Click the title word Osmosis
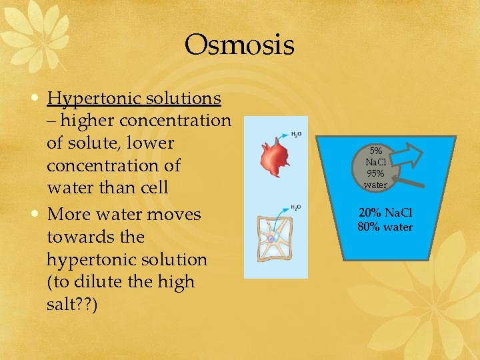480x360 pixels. click(239, 45)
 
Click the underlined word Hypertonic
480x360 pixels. click(90, 99)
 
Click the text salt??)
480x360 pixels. click(72, 305)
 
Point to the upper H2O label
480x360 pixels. click(296, 135)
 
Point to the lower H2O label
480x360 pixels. click(296, 208)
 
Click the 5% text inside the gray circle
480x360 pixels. click(375, 151)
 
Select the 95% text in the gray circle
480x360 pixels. click(375, 173)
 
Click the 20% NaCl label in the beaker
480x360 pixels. click(385, 213)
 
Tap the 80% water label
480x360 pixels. click(385, 227)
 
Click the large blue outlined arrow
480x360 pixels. click(409, 158)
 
